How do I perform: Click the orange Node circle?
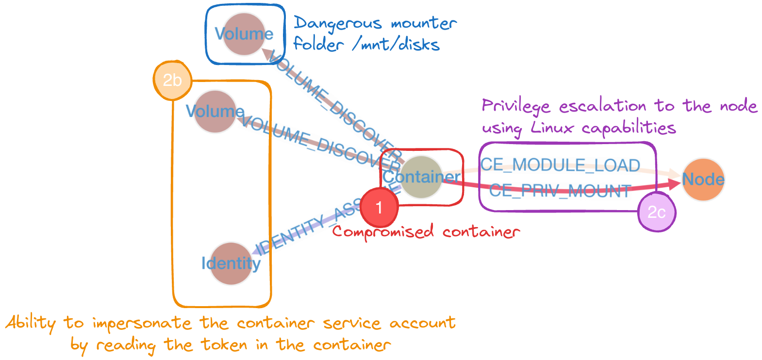pos(703,180)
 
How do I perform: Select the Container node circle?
pos(421,177)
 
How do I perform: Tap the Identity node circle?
pos(231,263)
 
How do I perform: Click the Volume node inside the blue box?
pos(244,34)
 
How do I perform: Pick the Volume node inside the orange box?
pos(215,112)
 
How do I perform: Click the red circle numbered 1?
pos(379,208)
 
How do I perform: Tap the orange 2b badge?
pos(172,80)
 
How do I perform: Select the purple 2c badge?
pos(656,213)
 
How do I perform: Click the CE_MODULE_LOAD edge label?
pos(560,165)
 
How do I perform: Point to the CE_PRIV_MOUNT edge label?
pos(560,191)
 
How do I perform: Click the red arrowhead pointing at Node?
pos(675,183)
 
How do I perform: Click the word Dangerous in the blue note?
pos(338,23)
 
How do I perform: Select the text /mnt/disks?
pos(396,45)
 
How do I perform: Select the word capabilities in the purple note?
pos(629,128)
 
